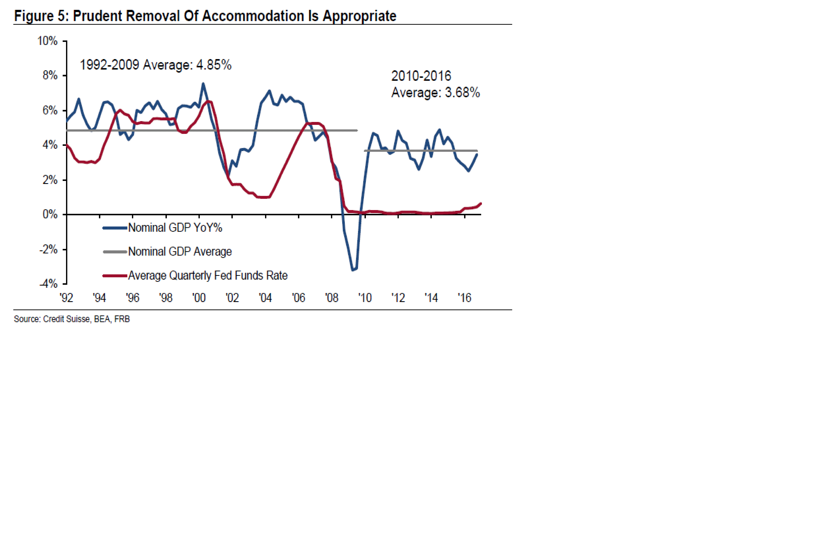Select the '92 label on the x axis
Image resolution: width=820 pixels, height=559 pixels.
point(66,298)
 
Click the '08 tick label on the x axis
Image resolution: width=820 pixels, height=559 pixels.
point(332,298)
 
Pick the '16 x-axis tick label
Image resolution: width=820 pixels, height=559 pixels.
point(464,298)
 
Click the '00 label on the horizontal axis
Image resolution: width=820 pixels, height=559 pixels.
point(199,298)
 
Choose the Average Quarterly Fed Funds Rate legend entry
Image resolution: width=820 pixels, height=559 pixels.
point(208,275)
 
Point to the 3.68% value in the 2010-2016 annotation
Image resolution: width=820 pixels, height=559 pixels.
point(462,92)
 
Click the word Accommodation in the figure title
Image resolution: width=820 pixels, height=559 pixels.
point(253,16)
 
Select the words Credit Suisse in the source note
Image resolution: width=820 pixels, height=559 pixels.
point(66,319)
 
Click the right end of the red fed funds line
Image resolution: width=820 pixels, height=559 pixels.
point(481,204)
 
